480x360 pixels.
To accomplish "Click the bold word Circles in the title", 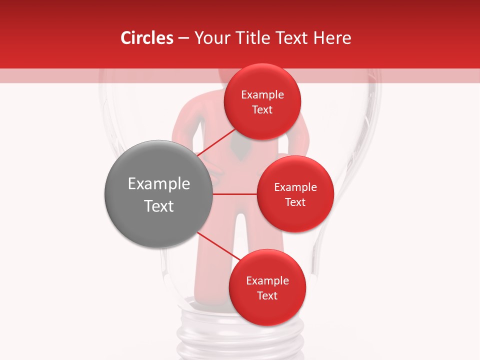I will (146, 38).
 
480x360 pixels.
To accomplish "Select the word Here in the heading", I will (332, 38).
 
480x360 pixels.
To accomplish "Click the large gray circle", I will (158, 220).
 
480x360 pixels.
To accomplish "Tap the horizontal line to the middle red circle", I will (234, 193).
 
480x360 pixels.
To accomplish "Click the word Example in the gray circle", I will (159, 184).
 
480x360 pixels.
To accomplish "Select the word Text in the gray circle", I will (159, 206).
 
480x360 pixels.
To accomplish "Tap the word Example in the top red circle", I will (262, 95).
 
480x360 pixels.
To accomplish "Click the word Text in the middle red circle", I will (295, 202).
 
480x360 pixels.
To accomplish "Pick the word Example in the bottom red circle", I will (267, 281).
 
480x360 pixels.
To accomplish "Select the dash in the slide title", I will (183, 38).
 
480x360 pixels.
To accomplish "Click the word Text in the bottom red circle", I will (267, 296).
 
